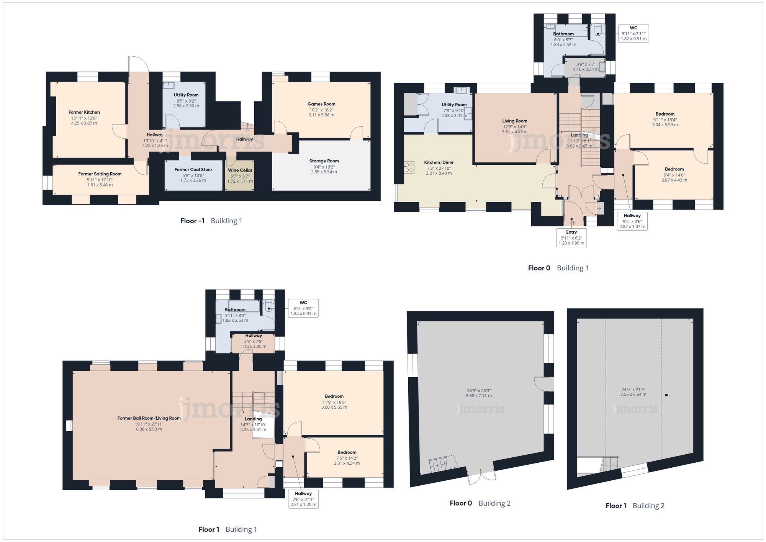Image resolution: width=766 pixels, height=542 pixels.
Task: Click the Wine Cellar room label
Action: [240, 170]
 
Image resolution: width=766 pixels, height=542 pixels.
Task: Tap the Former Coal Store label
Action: [193, 169]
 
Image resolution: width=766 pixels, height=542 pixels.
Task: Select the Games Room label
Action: [321, 104]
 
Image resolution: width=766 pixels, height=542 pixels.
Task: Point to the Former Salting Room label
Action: [100, 174]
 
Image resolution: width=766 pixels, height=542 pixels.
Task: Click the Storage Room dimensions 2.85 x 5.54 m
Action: [324, 172]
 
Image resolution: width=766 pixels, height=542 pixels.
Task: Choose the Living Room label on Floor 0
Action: [515, 121]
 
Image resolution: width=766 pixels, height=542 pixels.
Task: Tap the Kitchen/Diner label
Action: [439, 162]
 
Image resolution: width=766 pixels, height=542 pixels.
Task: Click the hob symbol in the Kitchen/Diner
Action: [409, 167]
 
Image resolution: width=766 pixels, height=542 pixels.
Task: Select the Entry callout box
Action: [571, 237]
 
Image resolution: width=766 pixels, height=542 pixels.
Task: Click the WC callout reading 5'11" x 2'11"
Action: [634, 33]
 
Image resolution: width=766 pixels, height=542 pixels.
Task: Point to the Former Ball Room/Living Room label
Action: [149, 418]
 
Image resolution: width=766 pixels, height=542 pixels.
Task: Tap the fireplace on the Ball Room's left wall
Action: [69, 426]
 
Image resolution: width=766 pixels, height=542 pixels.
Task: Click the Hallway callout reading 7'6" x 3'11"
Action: [303, 499]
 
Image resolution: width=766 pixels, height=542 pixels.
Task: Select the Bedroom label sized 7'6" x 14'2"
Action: [347, 452]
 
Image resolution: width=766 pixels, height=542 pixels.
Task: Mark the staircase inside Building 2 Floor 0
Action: [443, 464]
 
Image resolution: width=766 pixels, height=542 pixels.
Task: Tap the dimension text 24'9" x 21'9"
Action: [633, 390]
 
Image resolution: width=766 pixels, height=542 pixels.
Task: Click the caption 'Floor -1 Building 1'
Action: [211, 221]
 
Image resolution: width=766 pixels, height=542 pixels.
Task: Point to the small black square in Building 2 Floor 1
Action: [666, 395]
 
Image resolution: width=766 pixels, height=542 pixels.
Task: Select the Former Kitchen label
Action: [84, 112]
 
